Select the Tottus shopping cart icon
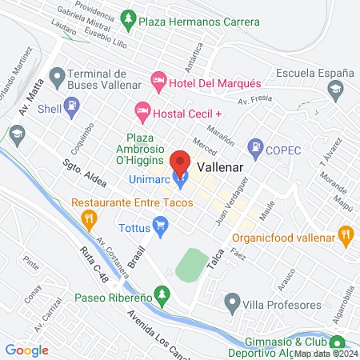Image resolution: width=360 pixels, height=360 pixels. pyautogui.click(x=160, y=229)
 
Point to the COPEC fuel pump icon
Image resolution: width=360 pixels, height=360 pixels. pyautogui.click(x=256, y=146)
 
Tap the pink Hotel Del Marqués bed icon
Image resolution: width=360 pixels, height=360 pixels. pyautogui.click(x=159, y=82)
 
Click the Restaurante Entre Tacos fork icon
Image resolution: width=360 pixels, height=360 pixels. pyautogui.click(x=90, y=216)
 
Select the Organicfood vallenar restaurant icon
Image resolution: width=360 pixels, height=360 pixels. pyautogui.click(x=346, y=234)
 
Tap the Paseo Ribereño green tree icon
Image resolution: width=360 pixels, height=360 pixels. pyautogui.click(x=162, y=297)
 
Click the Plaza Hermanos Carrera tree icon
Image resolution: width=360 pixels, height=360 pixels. pyautogui.click(x=127, y=18)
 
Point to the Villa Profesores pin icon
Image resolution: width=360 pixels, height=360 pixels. pyautogui.click(x=232, y=302)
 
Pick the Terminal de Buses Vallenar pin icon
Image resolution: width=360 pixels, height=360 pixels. pyautogui.click(x=57, y=77)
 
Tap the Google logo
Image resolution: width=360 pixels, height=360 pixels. pyautogui.click(x=27, y=350)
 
